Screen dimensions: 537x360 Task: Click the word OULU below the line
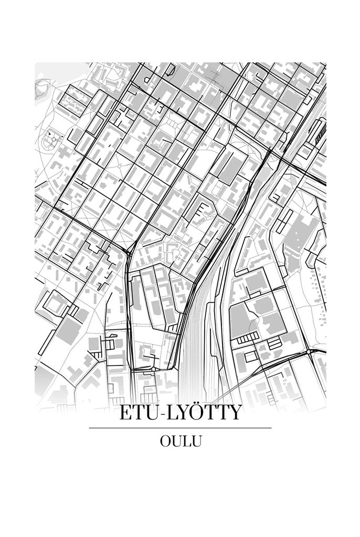click(181, 442)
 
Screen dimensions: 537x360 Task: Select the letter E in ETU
click(126, 413)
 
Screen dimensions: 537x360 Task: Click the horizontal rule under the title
click(180, 428)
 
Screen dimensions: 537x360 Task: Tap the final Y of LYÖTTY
click(234, 413)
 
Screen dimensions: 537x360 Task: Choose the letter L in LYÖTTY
click(171, 413)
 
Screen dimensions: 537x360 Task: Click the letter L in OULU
click(187, 442)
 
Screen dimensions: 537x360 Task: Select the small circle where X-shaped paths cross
click(122, 166)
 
